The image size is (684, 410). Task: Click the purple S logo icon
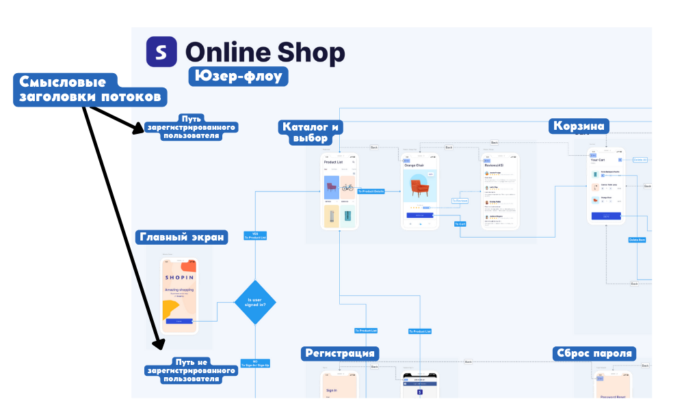[161, 52]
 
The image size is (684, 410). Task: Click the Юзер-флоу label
[238, 75]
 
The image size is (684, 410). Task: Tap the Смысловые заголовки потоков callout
[90, 90]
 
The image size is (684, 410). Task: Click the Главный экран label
[182, 237]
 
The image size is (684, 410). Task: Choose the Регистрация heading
[340, 353]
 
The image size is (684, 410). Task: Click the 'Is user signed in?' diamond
[255, 302]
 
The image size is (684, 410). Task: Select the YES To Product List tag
[255, 236]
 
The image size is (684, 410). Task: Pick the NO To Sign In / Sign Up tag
[255, 364]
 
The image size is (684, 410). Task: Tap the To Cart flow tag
[461, 223]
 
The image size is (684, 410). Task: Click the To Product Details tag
[371, 191]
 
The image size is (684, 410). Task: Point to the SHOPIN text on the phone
[179, 277]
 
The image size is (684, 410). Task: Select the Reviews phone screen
[500, 191]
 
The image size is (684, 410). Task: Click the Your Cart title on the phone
[598, 160]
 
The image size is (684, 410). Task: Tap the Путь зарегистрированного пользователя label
[191, 127]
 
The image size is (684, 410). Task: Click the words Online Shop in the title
[265, 53]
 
